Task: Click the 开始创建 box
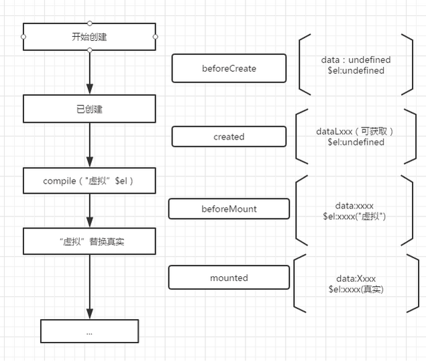89,37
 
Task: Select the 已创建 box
89,109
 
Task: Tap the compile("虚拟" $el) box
89,181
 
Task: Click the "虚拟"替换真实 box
89,241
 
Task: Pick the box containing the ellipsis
89,331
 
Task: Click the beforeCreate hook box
229,68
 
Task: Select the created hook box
229,137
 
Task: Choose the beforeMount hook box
229,208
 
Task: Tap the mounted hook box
229,278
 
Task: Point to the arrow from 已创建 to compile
89,145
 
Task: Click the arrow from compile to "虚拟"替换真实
89,211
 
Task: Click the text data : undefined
356,60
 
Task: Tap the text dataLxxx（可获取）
356,131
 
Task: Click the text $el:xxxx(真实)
356,289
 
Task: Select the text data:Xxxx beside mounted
355,278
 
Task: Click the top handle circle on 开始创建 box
89,23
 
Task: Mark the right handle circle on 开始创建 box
155,37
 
